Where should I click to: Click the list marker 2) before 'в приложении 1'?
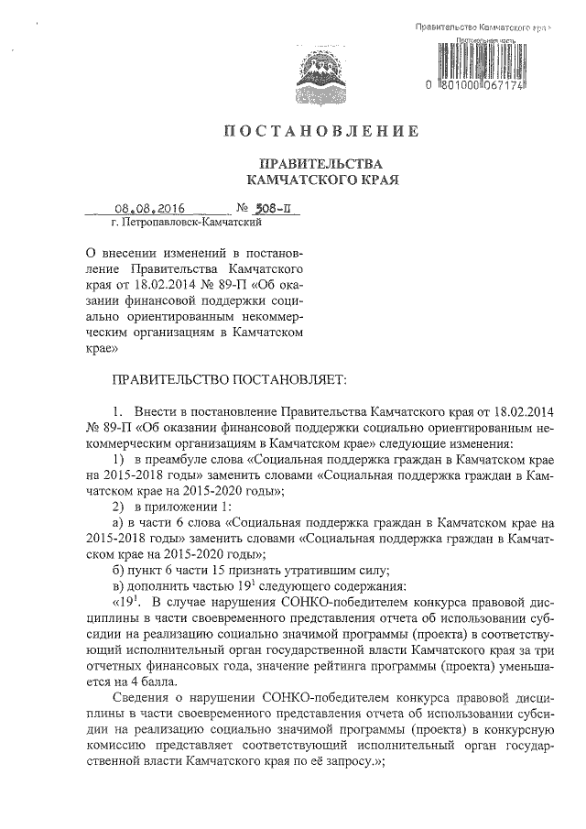click(118, 507)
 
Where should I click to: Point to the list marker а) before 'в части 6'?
click(118, 523)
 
